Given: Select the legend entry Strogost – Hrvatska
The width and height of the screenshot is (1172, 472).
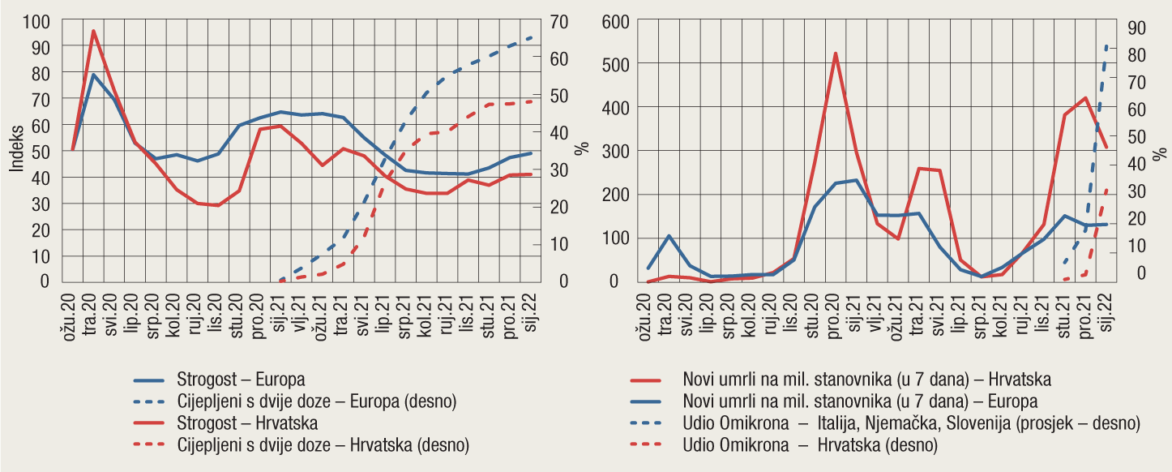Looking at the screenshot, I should click(x=246, y=423).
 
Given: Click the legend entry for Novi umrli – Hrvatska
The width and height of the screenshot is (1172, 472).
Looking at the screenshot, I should click(x=868, y=379).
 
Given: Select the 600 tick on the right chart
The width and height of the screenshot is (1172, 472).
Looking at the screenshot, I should click(x=618, y=21).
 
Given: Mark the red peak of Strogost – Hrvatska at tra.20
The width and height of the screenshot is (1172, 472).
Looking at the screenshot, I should click(x=94, y=32).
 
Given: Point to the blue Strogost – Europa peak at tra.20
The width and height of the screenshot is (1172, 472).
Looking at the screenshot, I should click(x=94, y=75).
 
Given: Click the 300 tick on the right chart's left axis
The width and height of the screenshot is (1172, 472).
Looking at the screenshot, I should click(x=618, y=152).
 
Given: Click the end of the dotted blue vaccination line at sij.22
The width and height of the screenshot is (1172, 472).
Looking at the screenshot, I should click(x=531, y=37).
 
